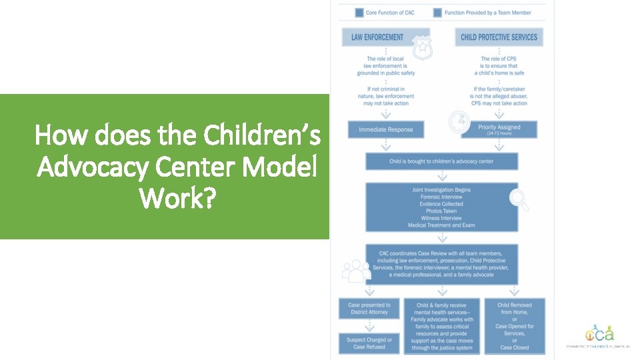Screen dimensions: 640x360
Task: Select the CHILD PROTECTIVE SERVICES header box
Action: tap(499, 37)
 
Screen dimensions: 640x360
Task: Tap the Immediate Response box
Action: tap(385, 129)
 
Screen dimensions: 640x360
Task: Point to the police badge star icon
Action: tap(421, 46)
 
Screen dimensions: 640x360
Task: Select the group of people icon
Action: tap(356, 271)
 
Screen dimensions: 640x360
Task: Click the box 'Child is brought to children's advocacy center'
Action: tap(441, 161)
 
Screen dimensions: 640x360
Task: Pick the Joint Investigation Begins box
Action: tap(441, 207)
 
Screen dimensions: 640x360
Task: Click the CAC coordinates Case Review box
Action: tap(441, 264)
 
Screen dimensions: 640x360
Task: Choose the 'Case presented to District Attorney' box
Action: tap(369, 308)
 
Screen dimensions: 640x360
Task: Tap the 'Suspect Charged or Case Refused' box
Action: tap(369, 343)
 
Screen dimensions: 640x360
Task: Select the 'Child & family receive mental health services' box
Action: tap(442, 325)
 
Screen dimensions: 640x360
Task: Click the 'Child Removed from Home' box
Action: tap(514, 325)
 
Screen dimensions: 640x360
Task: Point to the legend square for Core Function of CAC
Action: tap(359, 12)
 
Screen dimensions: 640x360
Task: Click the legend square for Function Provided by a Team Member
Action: tap(437, 12)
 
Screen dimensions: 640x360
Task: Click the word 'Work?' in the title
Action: tap(177, 197)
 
